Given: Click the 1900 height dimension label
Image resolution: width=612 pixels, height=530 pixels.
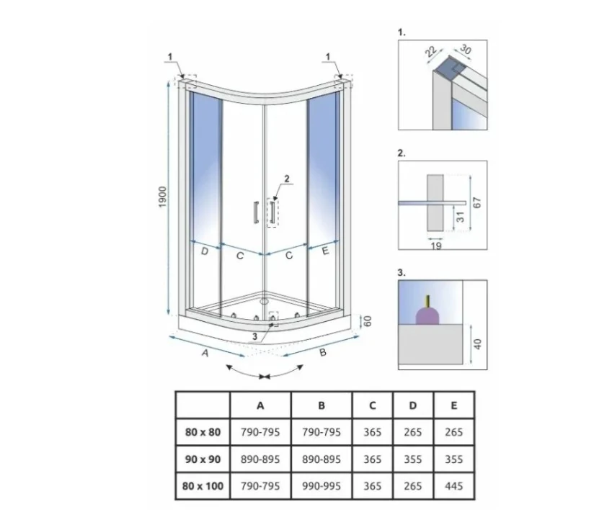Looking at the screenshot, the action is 163,197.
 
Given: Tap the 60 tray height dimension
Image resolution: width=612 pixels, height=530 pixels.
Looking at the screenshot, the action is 368,321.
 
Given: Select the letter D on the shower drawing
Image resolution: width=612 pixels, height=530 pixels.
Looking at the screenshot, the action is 205,251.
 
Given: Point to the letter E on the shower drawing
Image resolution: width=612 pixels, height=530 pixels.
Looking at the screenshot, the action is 325,251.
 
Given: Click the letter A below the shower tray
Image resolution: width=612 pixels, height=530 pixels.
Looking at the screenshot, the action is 205,353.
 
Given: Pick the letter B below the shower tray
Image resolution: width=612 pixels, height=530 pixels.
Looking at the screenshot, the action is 323,353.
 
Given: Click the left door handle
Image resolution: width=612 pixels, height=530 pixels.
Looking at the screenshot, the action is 256,212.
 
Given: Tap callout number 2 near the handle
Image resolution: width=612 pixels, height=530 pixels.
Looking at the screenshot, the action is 287,179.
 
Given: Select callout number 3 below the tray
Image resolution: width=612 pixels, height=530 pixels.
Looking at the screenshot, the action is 255,336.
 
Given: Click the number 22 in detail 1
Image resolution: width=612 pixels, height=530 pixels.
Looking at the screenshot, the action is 430,51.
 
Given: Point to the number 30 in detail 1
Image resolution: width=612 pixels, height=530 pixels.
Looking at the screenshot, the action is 465,49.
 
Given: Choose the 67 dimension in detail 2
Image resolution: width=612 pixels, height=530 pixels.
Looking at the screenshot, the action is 476,203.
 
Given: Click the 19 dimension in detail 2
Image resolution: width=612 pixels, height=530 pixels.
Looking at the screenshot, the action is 436,246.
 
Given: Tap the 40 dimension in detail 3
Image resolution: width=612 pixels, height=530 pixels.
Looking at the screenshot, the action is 477,344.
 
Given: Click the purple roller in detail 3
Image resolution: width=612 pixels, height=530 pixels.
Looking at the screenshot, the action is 427,315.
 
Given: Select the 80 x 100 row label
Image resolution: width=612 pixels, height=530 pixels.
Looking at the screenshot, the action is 203,486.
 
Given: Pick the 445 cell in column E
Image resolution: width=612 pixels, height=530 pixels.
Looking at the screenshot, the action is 454,486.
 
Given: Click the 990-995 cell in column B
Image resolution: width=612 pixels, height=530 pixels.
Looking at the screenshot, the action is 321,486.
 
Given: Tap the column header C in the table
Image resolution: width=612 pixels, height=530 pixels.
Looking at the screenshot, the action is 373,405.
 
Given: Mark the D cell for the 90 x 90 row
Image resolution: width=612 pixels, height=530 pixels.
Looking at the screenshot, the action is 413,459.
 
